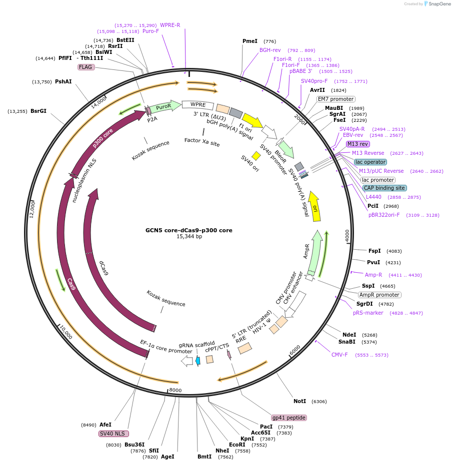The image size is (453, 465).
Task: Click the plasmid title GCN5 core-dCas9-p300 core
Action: point(188,230)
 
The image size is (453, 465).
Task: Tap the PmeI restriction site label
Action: point(249,41)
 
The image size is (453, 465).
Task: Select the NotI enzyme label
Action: point(299,401)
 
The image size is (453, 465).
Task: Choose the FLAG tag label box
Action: point(86,67)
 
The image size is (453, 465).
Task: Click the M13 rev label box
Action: point(358,144)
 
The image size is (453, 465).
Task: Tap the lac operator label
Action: point(370,162)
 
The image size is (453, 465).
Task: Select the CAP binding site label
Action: point(384,188)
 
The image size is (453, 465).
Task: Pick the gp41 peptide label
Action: point(289,418)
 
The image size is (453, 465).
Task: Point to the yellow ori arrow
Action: point(314,206)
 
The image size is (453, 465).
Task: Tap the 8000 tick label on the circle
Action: point(174,390)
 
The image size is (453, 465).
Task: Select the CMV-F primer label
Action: point(339,355)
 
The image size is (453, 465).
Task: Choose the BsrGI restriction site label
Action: point(38,111)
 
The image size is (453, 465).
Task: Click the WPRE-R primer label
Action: point(170,25)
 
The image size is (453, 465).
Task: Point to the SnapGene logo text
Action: point(437,4)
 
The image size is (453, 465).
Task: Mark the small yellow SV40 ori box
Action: point(256,156)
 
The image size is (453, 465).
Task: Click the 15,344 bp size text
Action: point(188,237)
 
